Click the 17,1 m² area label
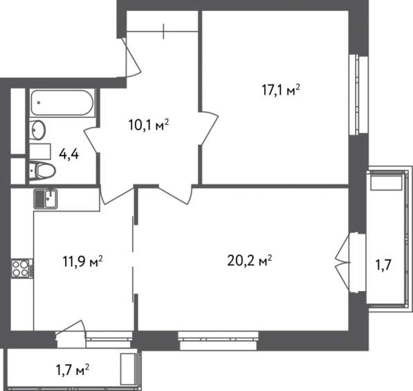[x=281, y=90]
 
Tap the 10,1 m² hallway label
[x=149, y=125]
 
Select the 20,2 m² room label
[x=250, y=261]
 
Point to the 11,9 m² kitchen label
[x=82, y=261]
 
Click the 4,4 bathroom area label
[x=68, y=154]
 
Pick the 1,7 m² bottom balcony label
[x=73, y=370]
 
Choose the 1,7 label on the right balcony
[x=383, y=266]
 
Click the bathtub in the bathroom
[x=62, y=103]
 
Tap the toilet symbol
[x=42, y=171]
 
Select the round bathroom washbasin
[x=37, y=130]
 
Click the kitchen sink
[x=46, y=199]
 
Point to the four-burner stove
[x=22, y=268]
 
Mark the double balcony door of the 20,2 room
[x=343, y=263]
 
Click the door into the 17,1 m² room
[x=210, y=128]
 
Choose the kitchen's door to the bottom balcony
[x=71, y=333]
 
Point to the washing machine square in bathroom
[x=40, y=152]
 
